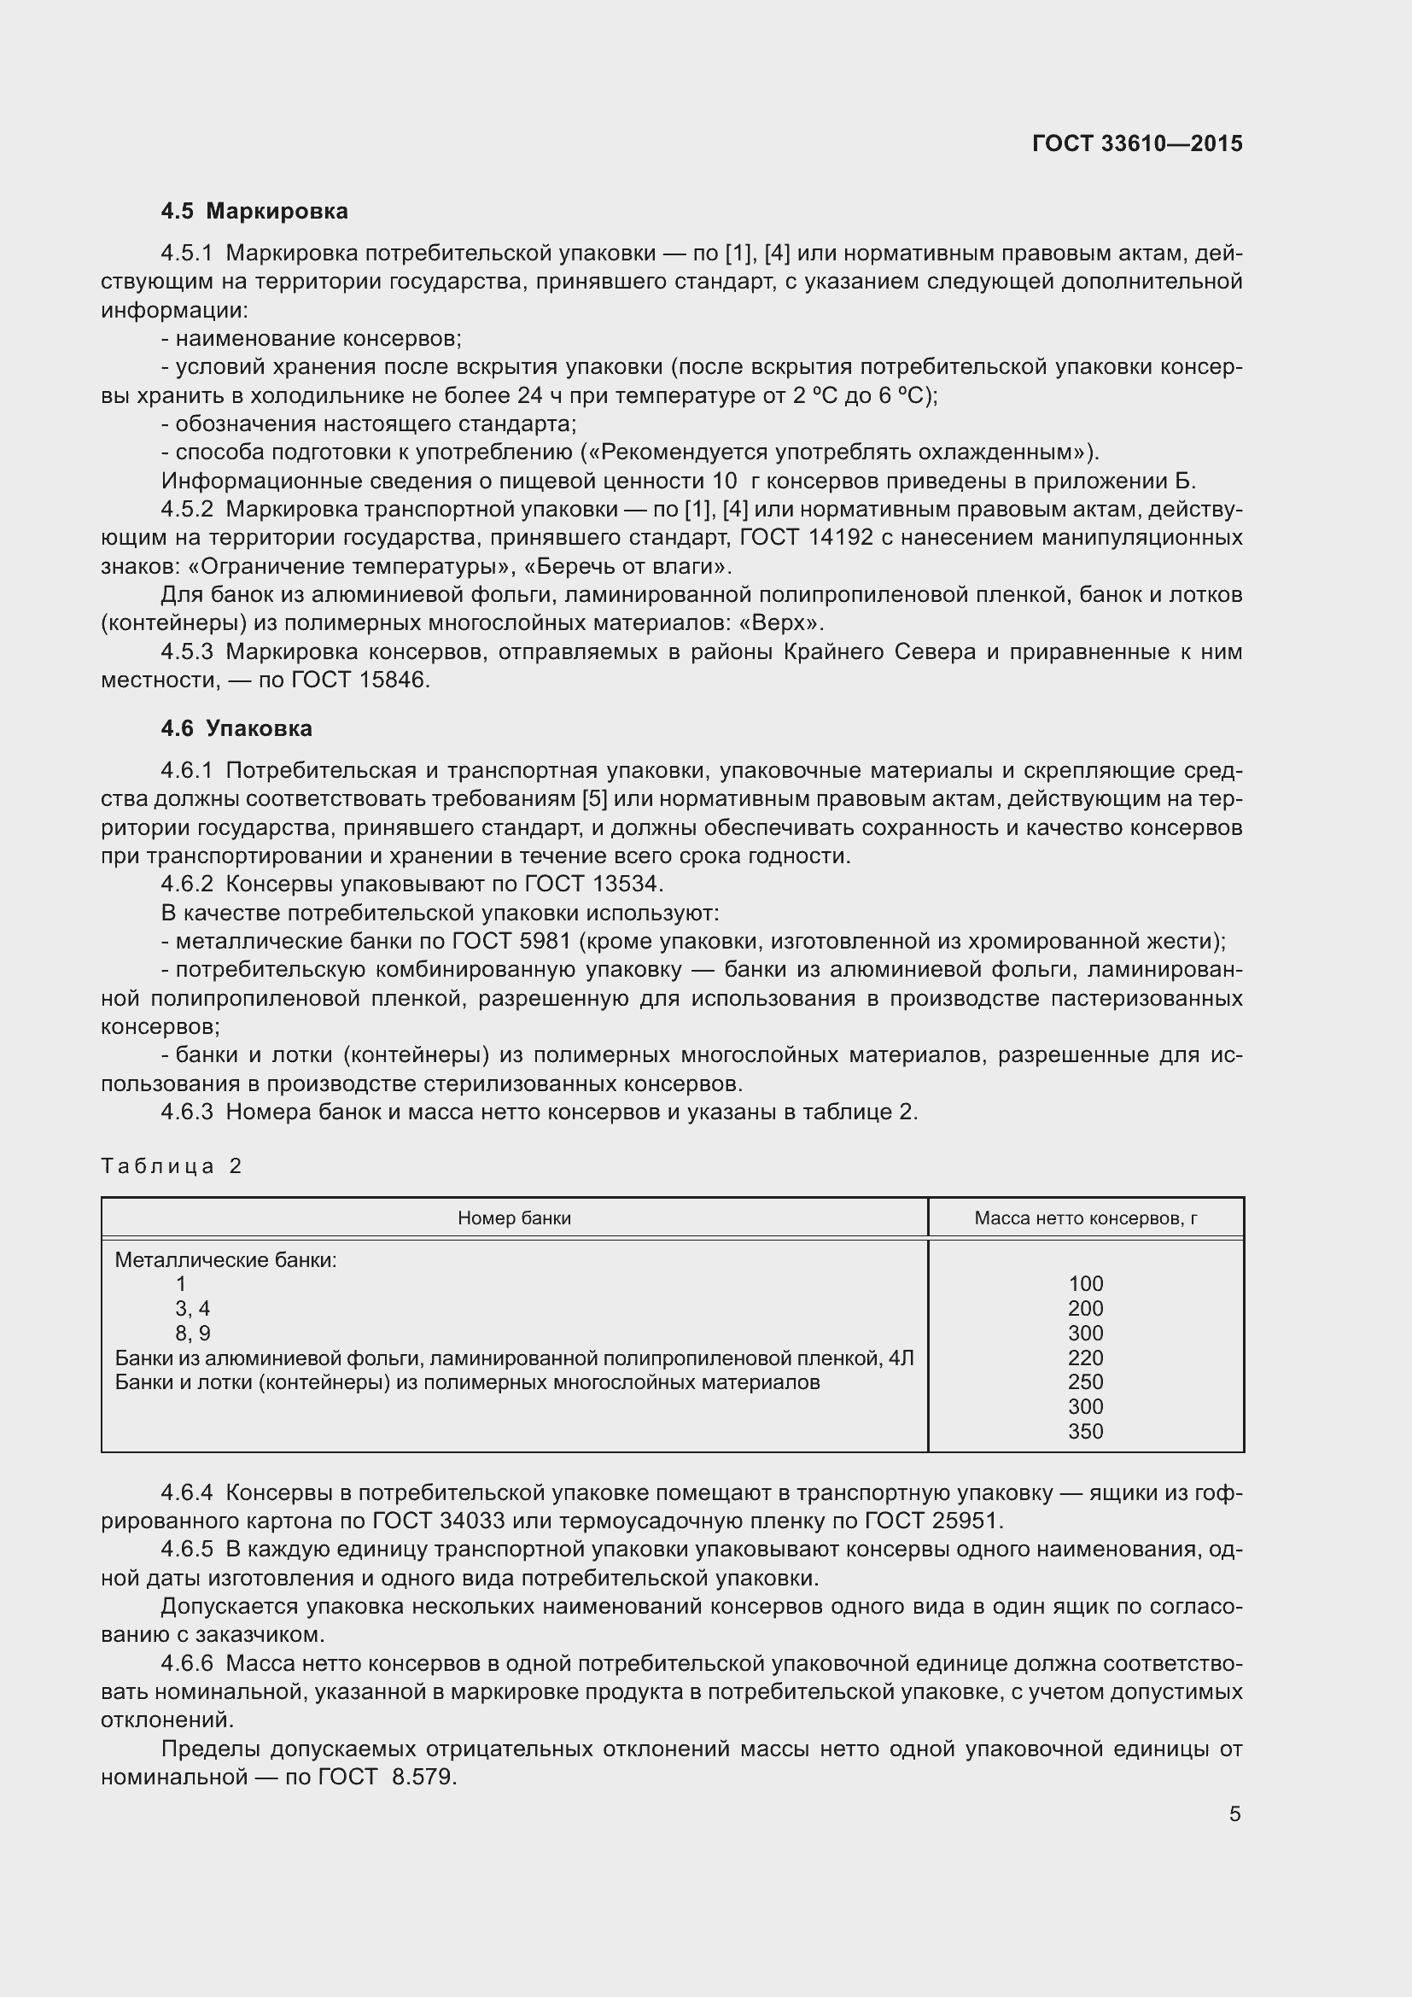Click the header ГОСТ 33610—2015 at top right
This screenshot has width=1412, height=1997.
tap(1136, 143)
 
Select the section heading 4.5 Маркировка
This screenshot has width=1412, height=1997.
tap(254, 211)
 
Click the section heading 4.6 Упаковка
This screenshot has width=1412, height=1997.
tap(236, 729)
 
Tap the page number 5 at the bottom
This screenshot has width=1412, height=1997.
tap(1234, 1813)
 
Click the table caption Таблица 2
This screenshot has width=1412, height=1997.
tap(172, 1165)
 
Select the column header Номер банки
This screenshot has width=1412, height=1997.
tap(514, 1217)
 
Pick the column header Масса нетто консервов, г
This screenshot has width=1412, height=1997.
tap(1085, 1217)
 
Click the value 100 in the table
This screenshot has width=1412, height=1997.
tap(1085, 1284)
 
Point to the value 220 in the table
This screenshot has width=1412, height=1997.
tap(1085, 1358)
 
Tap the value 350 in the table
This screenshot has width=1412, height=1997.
tap(1085, 1431)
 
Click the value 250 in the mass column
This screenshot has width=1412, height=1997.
tap(1085, 1382)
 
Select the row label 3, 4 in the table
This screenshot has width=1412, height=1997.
tap(192, 1308)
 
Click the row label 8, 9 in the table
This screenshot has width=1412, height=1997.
tap(192, 1334)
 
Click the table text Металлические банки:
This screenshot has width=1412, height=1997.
tap(225, 1259)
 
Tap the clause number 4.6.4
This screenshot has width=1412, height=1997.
tap(187, 1493)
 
